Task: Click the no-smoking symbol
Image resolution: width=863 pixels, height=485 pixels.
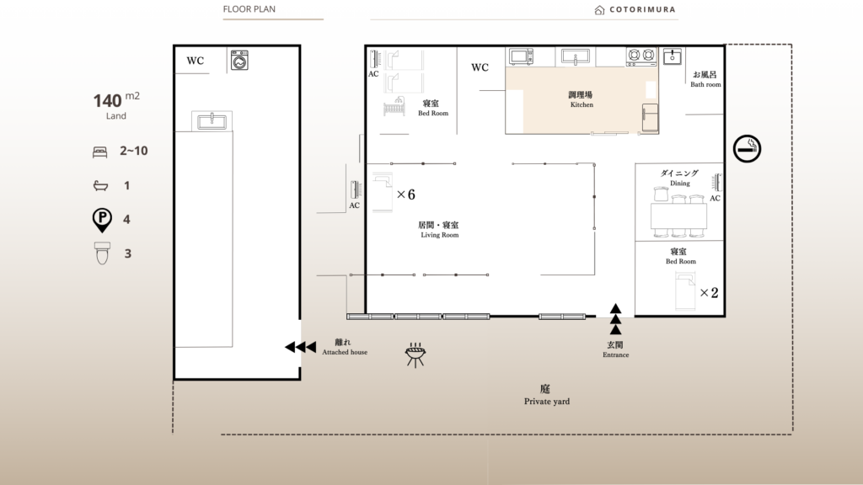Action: click(747, 148)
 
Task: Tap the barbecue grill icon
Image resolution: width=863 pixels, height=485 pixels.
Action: click(415, 354)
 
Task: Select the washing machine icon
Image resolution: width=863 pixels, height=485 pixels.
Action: click(239, 61)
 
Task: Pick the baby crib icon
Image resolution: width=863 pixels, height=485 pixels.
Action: click(394, 107)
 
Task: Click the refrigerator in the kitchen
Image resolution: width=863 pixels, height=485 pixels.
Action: click(650, 118)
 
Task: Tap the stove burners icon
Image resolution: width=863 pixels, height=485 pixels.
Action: click(641, 56)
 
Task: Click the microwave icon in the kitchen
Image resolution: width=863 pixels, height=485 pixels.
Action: click(521, 56)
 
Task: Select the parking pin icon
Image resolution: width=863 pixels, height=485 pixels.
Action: click(102, 220)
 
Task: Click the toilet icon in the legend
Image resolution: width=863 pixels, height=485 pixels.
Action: click(102, 253)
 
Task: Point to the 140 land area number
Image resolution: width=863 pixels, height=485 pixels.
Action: click(107, 101)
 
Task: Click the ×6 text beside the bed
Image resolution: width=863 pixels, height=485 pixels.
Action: click(406, 195)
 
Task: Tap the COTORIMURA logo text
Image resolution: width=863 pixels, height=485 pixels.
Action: click(642, 9)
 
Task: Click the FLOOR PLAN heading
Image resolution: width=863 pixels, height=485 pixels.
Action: click(249, 8)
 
